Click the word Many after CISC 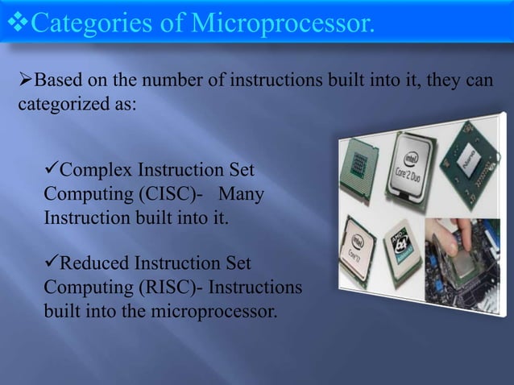coord(240,194)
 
